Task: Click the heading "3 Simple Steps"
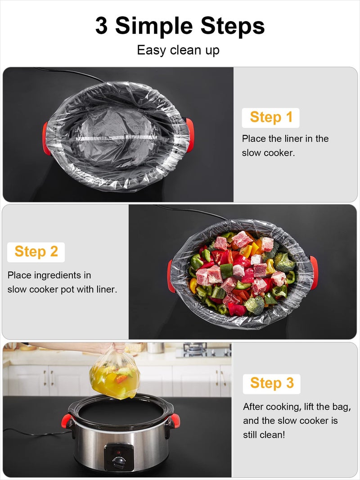pyautogui.click(x=180, y=26)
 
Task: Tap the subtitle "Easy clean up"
pyautogui.click(x=178, y=50)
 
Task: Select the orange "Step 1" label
pyautogui.click(x=271, y=117)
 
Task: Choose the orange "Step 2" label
pyautogui.click(x=36, y=251)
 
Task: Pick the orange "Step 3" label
pyautogui.click(x=272, y=383)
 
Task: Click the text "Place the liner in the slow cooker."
pyautogui.click(x=285, y=145)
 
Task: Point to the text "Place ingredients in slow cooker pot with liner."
pyautogui.click(x=62, y=282)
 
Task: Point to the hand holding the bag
pyautogui.click(x=117, y=347)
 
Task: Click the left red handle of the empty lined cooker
pyautogui.click(x=46, y=138)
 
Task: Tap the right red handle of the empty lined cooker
pyautogui.click(x=190, y=134)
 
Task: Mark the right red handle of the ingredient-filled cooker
pyautogui.click(x=314, y=272)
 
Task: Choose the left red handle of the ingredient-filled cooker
pyautogui.click(x=171, y=276)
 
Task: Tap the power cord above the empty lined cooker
pyautogui.click(x=72, y=73)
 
